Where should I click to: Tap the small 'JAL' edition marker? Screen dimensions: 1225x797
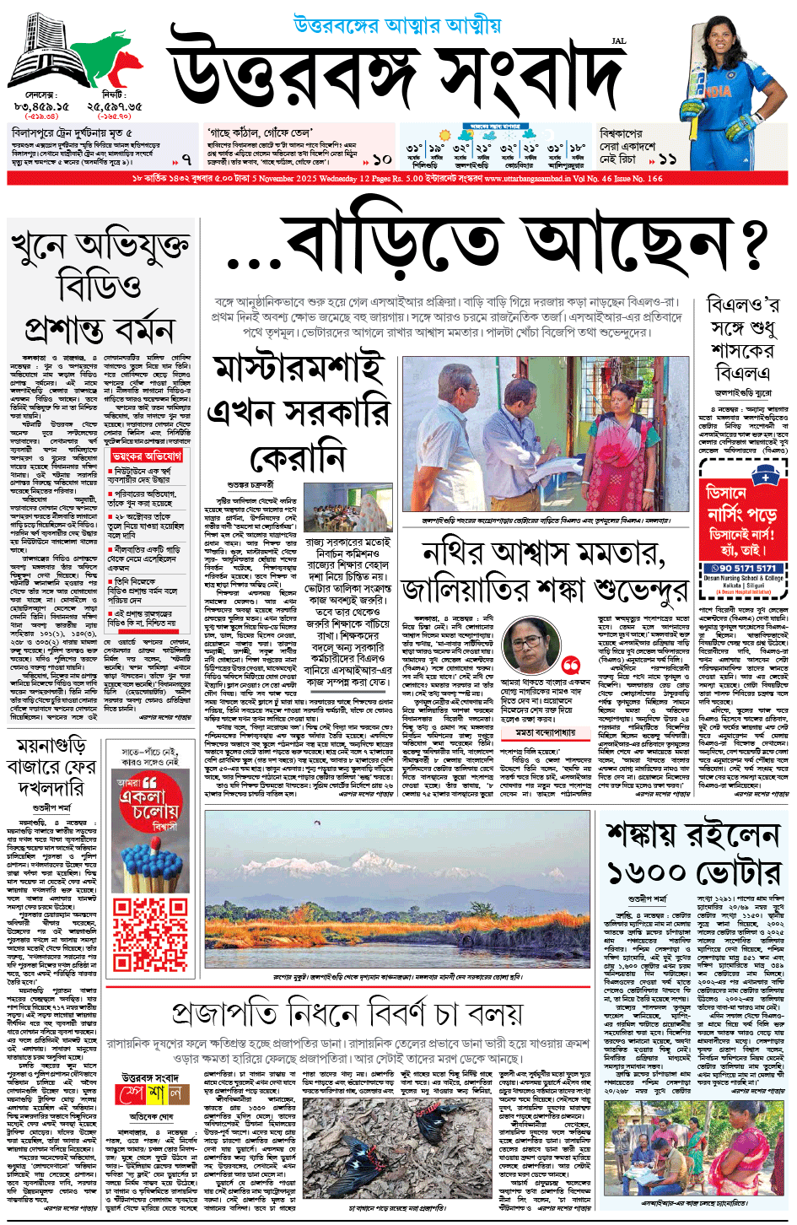point(618,40)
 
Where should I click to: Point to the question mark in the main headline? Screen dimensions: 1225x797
point(748,245)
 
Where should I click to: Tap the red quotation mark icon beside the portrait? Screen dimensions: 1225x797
point(571,665)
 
